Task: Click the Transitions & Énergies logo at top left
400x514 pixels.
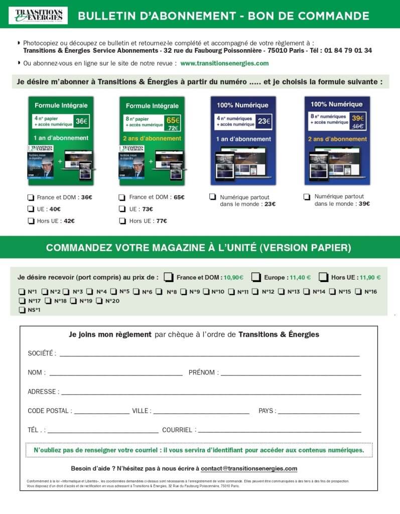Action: pos(38,15)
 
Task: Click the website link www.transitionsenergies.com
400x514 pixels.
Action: pos(224,63)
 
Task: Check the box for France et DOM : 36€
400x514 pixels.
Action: pos(31,198)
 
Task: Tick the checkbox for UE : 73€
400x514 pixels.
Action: pos(122,209)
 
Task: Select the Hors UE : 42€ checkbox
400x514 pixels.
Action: pos(31,221)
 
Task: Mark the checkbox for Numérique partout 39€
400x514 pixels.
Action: pos(307,197)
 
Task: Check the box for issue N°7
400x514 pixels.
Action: pos(159,291)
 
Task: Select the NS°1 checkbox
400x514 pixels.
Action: pos(22,310)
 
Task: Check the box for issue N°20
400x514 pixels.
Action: pos(99,301)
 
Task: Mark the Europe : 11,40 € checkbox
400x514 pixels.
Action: pos(256,277)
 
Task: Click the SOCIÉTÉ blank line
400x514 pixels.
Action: pos(209,355)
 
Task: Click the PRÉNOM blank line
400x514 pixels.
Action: pos(291,374)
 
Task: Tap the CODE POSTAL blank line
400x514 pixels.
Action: pos(101,413)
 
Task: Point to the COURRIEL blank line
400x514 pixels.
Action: pos(279,431)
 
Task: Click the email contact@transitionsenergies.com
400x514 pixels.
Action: pos(248,469)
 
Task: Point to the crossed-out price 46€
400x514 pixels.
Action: pos(358,126)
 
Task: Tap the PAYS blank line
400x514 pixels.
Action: pos(319,413)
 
